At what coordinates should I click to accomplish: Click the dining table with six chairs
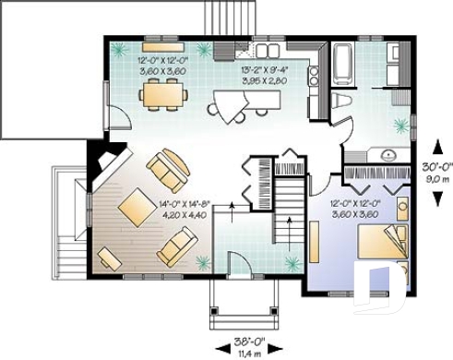(164, 91)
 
